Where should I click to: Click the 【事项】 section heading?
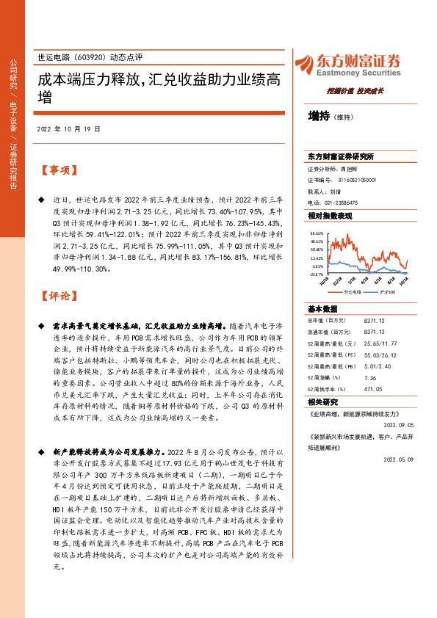[58, 170]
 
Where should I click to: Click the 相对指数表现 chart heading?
[330, 217]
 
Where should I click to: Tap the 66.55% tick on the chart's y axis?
[317, 232]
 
